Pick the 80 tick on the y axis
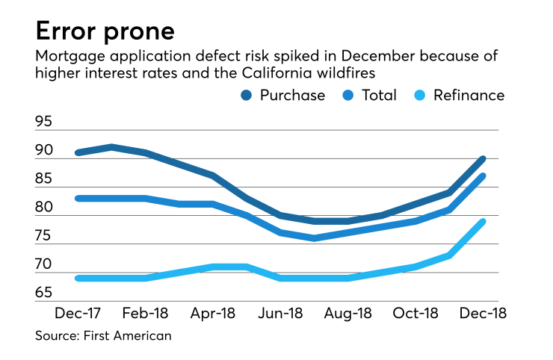44,208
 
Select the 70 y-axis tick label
44,265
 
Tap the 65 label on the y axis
44,294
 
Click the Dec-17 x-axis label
78,313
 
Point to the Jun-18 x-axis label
280,313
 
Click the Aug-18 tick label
348,313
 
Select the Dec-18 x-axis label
483,313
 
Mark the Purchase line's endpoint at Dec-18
483,158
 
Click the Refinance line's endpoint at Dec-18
483,221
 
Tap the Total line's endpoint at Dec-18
483,176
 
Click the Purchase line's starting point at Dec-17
78,152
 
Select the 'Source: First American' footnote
103,335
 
